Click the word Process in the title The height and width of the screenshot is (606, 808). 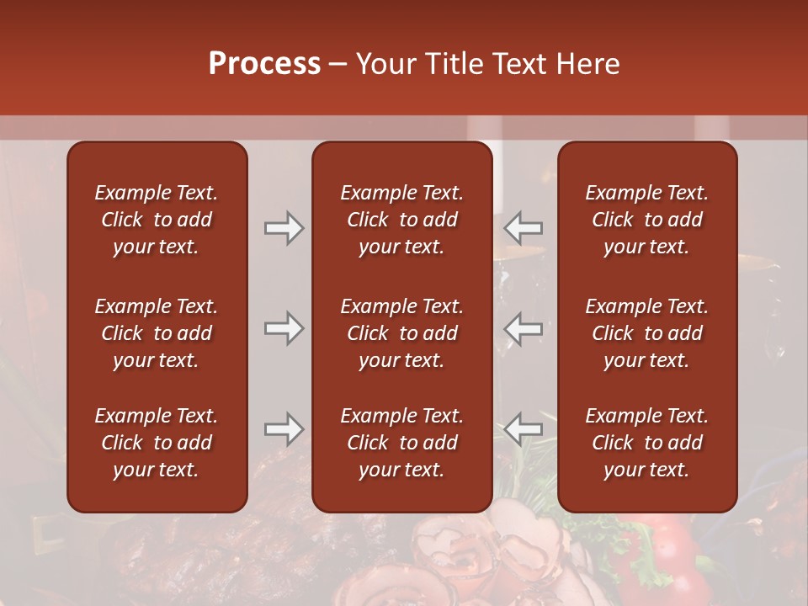pyautogui.click(x=264, y=64)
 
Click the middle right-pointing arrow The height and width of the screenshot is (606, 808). pyautogui.click(x=284, y=328)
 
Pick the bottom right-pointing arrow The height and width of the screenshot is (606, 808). pyautogui.click(x=284, y=429)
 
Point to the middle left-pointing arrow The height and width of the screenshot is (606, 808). pyautogui.click(x=524, y=328)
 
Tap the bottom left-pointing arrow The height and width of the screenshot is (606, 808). pyautogui.click(x=524, y=429)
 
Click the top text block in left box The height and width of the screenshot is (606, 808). pyautogui.click(x=157, y=220)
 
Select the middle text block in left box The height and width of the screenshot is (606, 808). pyautogui.click(x=157, y=333)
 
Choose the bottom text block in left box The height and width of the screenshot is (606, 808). pyautogui.click(x=157, y=443)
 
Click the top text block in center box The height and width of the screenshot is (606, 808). pyautogui.click(x=401, y=220)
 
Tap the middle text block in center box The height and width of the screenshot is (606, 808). pyautogui.click(x=401, y=333)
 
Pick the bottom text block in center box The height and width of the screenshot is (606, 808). pyautogui.click(x=401, y=443)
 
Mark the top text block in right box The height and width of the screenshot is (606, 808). pyautogui.click(x=646, y=220)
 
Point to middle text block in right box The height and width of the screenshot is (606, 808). pyautogui.click(x=646, y=333)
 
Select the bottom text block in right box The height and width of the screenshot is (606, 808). pyautogui.click(x=646, y=443)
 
